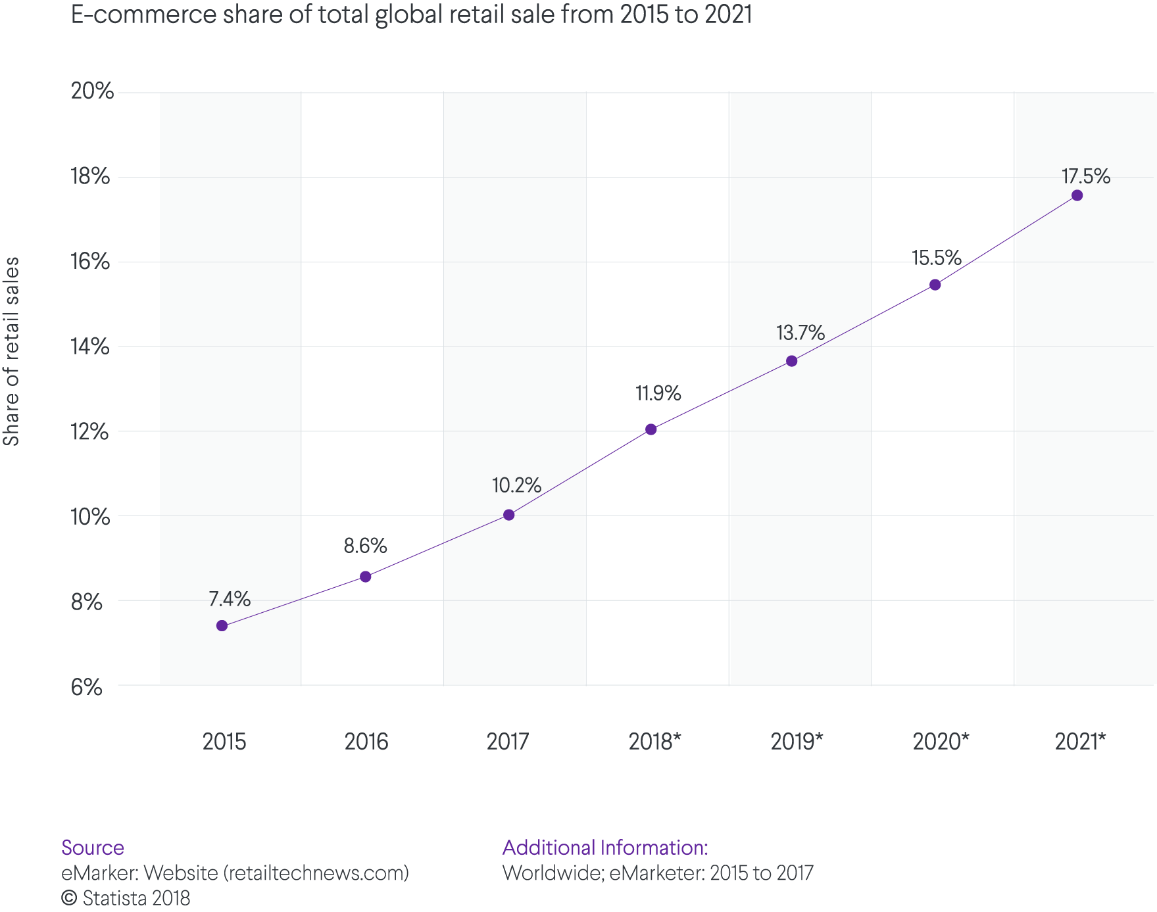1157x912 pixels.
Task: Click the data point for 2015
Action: click(222, 625)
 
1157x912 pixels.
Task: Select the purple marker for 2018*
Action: click(651, 429)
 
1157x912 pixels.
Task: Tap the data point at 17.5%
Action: click(1077, 195)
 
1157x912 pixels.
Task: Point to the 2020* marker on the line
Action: click(935, 285)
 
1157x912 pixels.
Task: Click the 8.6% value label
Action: click(365, 546)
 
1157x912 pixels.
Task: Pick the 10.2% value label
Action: click(516, 485)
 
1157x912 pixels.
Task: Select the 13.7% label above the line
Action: click(800, 333)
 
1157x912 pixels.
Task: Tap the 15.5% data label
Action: click(936, 258)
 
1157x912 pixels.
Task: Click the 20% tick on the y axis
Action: click(93, 91)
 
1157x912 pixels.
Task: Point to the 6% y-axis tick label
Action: click(87, 687)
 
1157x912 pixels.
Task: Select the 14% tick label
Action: click(90, 347)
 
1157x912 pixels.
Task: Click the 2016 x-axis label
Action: click(366, 742)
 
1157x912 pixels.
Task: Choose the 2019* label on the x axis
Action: click(797, 742)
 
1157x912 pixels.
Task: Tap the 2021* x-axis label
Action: click(1080, 742)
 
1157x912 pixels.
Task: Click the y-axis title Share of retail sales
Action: click(11, 351)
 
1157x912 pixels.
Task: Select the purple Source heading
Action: click(93, 848)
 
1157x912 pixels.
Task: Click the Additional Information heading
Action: click(604, 848)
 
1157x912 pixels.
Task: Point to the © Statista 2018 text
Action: click(126, 898)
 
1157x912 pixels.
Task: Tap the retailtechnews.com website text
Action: click(316, 873)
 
